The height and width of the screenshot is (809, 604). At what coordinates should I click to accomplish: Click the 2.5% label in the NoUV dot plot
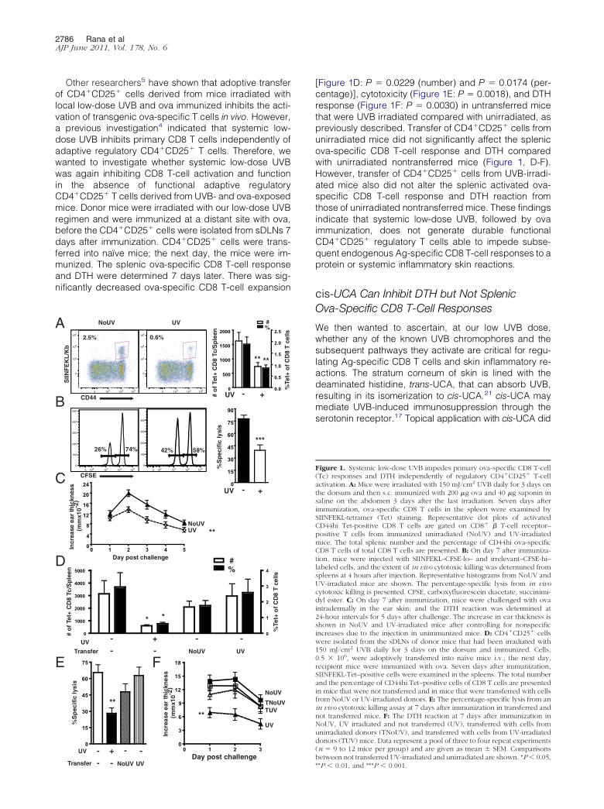click(x=89, y=338)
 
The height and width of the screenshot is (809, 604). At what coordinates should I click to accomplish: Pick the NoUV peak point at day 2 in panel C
click(x=129, y=494)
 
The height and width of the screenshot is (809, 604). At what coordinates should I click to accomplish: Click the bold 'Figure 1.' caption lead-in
click(x=332, y=470)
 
